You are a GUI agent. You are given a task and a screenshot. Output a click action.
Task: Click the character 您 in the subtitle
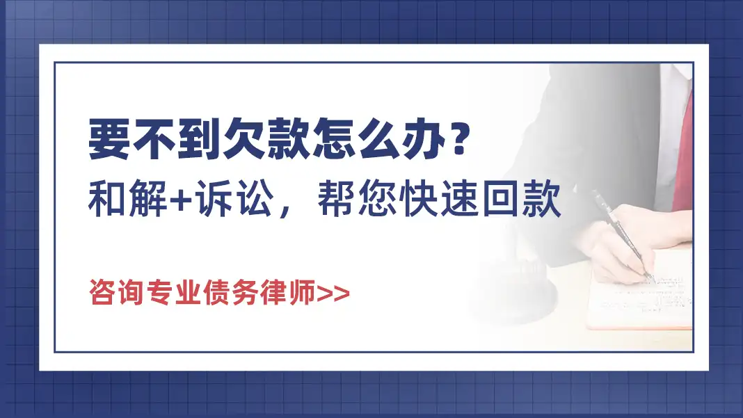(x=378, y=198)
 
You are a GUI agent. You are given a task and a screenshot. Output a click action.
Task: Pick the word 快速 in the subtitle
(x=438, y=198)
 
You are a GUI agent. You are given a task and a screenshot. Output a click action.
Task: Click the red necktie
(x=682, y=152)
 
